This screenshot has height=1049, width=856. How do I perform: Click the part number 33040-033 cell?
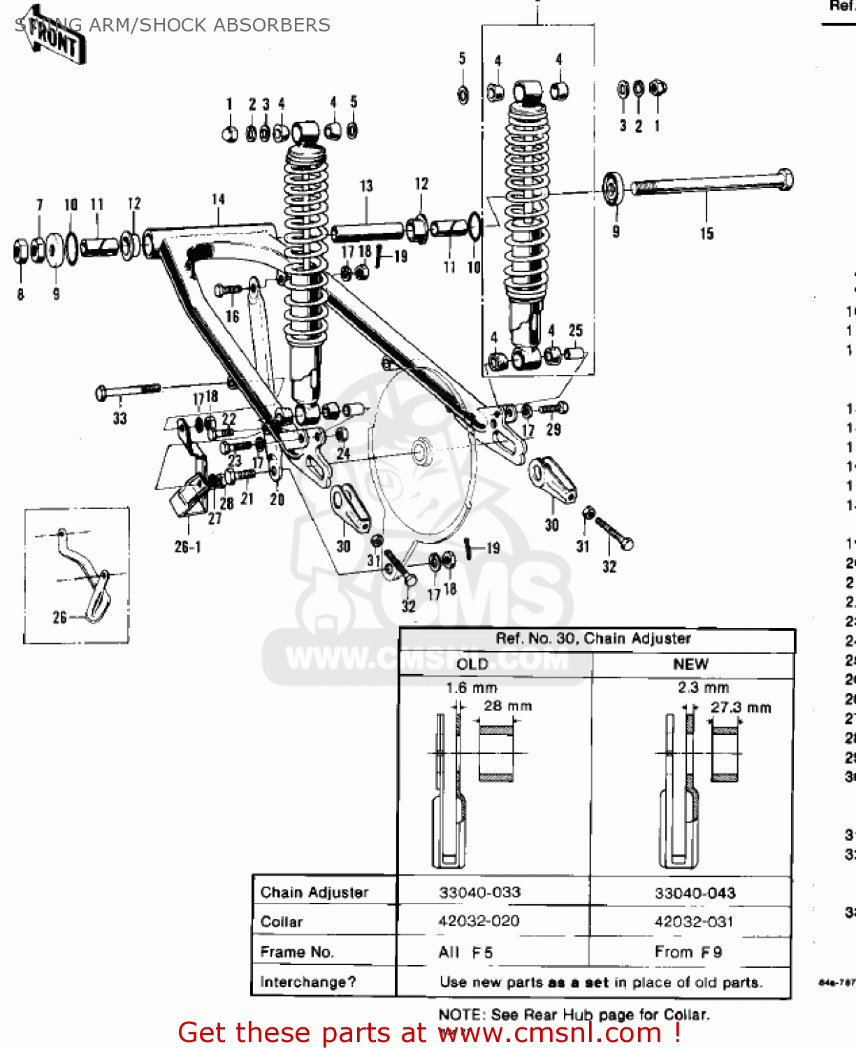(479, 892)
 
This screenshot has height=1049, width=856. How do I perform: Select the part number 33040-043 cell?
(695, 893)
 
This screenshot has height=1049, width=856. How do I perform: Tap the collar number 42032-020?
(479, 921)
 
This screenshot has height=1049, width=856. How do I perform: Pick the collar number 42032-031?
(693, 922)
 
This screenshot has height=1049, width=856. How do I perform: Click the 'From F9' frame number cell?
(688, 952)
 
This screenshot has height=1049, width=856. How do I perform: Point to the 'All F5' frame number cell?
(465, 952)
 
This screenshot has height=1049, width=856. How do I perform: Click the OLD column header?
(472, 664)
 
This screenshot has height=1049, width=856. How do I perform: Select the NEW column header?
(690, 664)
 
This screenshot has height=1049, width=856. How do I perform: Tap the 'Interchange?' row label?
(307, 982)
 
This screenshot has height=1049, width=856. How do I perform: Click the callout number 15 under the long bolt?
(706, 234)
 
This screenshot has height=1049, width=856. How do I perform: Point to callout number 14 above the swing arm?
(219, 199)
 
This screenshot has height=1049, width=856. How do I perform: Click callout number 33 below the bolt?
(120, 418)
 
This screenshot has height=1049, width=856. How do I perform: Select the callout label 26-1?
(187, 547)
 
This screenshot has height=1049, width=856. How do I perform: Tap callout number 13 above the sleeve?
(366, 186)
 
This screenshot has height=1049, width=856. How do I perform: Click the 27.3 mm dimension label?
(741, 708)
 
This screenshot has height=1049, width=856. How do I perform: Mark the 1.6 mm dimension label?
(472, 688)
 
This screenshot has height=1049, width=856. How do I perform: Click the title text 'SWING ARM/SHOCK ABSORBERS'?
(173, 25)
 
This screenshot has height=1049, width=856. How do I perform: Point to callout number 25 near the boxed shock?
(575, 330)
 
